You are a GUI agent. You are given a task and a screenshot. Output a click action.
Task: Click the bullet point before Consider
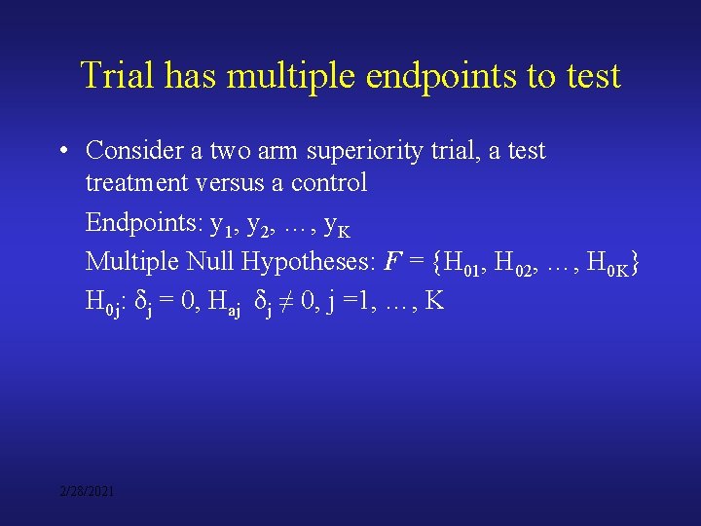[63, 151]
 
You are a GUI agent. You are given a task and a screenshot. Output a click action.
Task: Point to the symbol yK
[336, 227]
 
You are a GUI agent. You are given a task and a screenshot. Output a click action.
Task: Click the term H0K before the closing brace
[605, 264]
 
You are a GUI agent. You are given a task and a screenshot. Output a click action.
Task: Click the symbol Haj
[227, 303]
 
